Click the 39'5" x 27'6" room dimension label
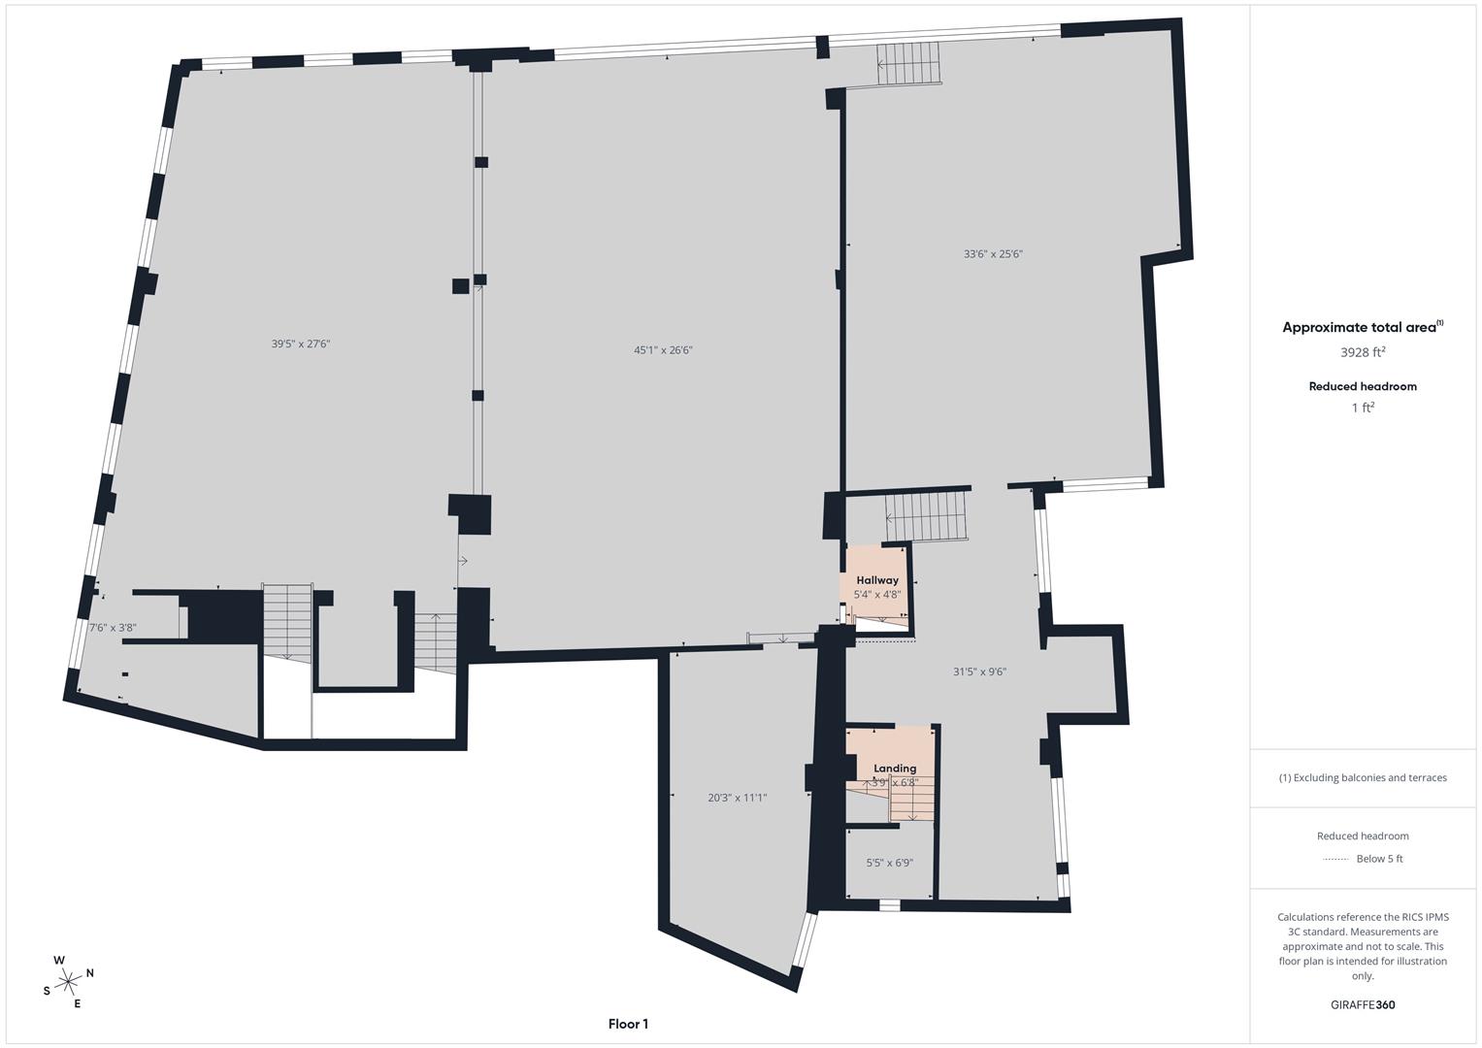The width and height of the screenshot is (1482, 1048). click(x=300, y=344)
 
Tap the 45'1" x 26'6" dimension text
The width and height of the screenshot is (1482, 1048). click(x=663, y=350)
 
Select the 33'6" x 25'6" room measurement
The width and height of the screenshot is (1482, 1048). click(x=993, y=254)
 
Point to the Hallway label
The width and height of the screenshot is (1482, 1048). click(x=877, y=580)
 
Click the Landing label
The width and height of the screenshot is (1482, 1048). click(x=895, y=769)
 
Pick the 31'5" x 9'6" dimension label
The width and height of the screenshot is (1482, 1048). click(x=979, y=671)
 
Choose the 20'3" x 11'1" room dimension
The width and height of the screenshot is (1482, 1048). click(x=738, y=798)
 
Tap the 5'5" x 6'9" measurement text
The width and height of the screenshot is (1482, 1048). click(x=890, y=863)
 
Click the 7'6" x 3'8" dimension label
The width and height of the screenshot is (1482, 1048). click(x=113, y=628)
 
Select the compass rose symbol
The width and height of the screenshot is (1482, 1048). click(x=68, y=982)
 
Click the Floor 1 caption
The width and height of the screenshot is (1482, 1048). click(x=628, y=1024)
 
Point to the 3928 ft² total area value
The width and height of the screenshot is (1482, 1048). click(x=1363, y=352)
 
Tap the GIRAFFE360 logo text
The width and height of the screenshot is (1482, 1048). click(x=1363, y=1005)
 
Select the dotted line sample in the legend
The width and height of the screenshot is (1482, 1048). click(x=1335, y=860)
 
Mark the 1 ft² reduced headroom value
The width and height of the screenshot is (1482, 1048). click(x=1363, y=409)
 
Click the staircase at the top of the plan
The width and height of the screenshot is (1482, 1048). click(x=909, y=64)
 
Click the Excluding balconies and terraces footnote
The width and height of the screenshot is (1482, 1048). click(x=1363, y=778)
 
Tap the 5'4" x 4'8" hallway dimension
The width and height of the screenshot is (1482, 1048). click(x=877, y=595)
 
